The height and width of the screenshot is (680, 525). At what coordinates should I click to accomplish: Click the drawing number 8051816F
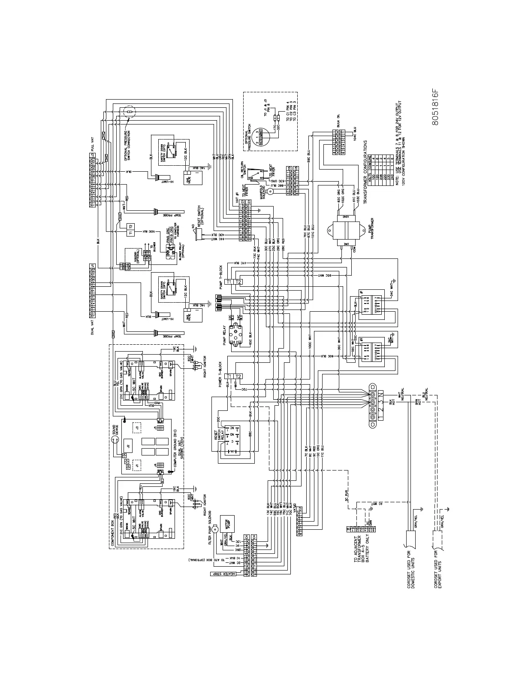[435, 107]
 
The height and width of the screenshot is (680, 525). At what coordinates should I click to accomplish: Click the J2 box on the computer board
[127, 446]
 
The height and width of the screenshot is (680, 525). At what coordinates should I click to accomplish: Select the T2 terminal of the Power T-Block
[239, 376]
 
